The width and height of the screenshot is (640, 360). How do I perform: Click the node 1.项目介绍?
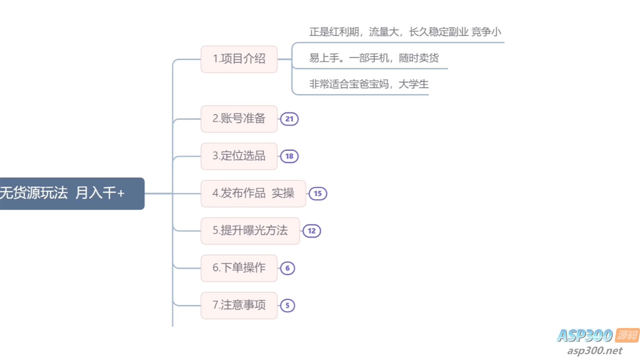(x=239, y=59)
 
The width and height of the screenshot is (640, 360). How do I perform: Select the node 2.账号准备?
(x=239, y=119)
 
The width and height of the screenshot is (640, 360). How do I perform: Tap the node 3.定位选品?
(x=239, y=156)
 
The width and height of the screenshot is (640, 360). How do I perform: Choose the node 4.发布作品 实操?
(x=253, y=193)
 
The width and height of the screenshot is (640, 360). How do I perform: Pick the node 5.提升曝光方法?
(x=250, y=231)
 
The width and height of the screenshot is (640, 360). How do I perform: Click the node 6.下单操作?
(x=239, y=268)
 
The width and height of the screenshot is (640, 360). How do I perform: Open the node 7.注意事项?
(x=239, y=305)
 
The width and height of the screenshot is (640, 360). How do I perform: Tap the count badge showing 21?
(x=289, y=119)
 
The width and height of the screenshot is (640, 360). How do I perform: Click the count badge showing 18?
(x=289, y=156)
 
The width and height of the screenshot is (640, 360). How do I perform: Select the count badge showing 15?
(x=318, y=194)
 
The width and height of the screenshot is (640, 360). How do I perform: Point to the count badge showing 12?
(x=312, y=231)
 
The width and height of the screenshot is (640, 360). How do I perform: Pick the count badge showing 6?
(x=288, y=268)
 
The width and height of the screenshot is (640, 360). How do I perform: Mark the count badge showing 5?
(x=288, y=305)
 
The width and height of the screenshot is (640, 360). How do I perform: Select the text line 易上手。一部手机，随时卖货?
(x=374, y=58)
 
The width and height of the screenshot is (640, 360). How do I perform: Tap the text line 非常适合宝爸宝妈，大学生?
(x=369, y=84)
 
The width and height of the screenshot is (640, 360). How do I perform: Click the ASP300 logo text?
(x=585, y=336)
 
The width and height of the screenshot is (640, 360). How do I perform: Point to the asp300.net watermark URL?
(x=595, y=351)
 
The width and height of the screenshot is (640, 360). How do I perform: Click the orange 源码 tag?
(x=627, y=335)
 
